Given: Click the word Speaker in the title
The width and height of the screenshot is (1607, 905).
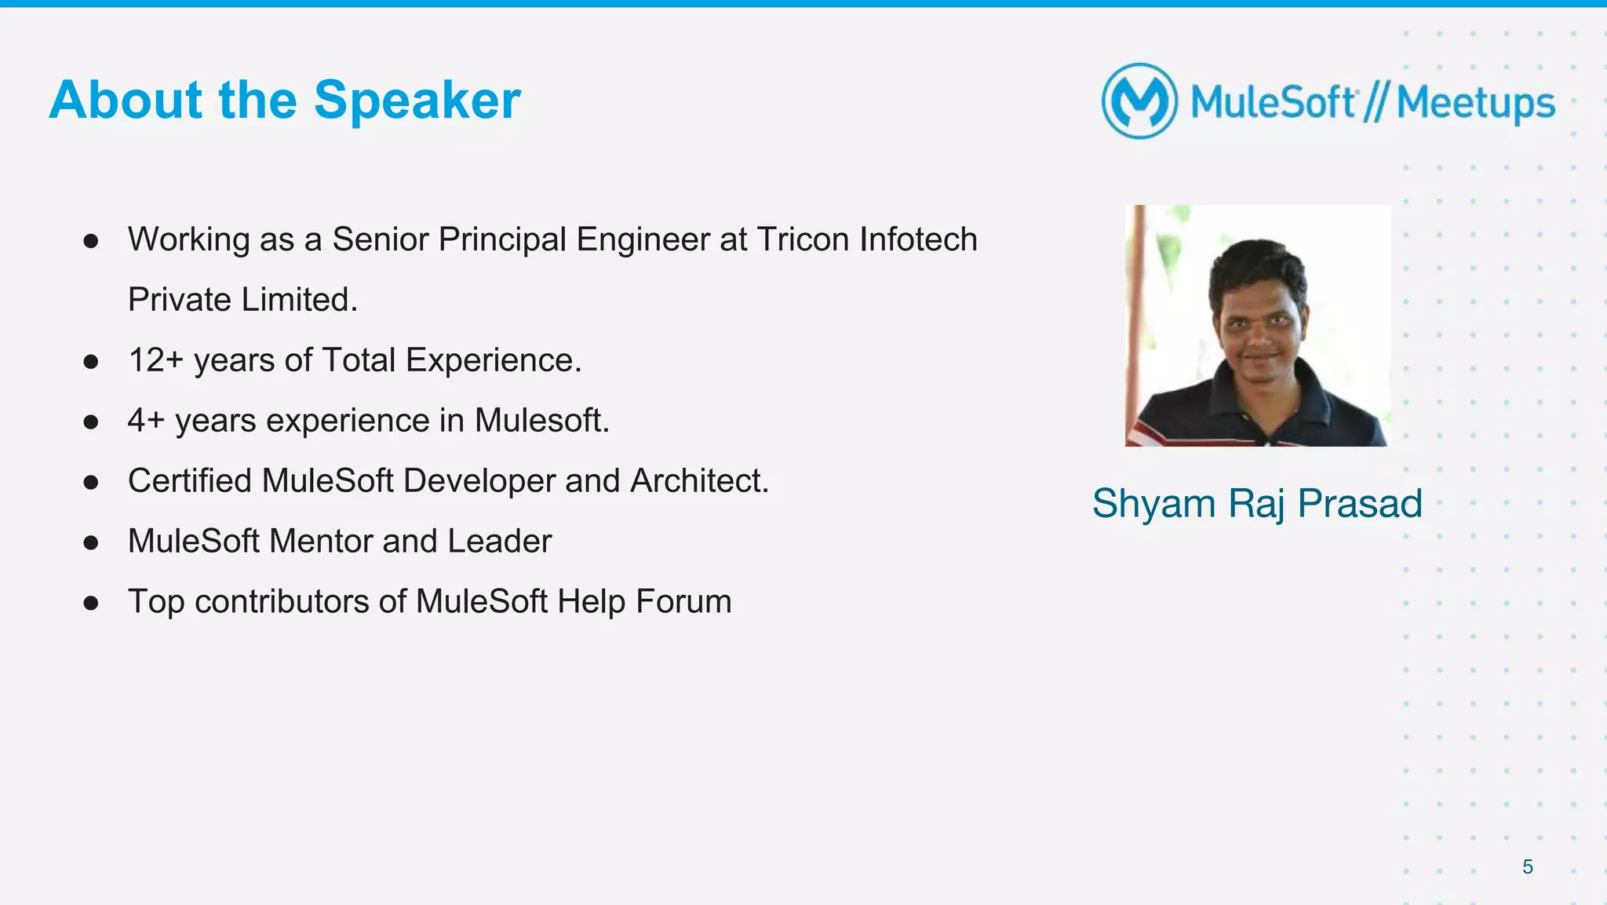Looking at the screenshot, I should pyautogui.click(x=417, y=101).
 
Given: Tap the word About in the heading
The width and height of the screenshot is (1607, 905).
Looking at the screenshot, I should pyautogui.click(x=126, y=100).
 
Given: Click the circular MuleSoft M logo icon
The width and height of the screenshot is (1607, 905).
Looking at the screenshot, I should pyautogui.click(x=1139, y=101).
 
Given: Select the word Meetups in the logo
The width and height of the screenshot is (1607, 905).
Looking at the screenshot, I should pyautogui.click(x=1475, y=103).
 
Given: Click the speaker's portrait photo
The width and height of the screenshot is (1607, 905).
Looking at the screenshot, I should pyautogui.click(x=1257, y=326).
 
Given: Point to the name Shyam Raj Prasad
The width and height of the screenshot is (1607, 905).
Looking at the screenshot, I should pyautogui.click(x=1257, y=503).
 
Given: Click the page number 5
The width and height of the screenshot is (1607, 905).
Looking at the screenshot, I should pyautogui.click(x=1528, y=867).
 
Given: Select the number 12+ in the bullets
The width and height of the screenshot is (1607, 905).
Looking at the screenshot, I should pyautogui.click(x=155, y=360).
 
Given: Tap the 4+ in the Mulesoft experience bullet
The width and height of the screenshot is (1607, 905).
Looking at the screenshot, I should pyautogui.click(x=146, y=421).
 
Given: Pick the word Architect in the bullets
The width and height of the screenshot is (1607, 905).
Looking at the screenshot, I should pyautogui.click(x=698, y=481).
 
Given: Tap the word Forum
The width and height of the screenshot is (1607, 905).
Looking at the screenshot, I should pyautogui.click(x=683, y=602).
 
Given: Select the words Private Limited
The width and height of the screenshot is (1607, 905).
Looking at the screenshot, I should pyautogui.click(x=242, y=300).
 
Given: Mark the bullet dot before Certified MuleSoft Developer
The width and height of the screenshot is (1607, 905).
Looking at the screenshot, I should pyautogui.click(x=91, y=482).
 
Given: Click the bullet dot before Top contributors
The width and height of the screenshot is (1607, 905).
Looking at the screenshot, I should pyautogui.click(x=91, y=603).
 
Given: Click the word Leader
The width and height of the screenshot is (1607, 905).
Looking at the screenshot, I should pyautogui.click(x=499, y=542).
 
